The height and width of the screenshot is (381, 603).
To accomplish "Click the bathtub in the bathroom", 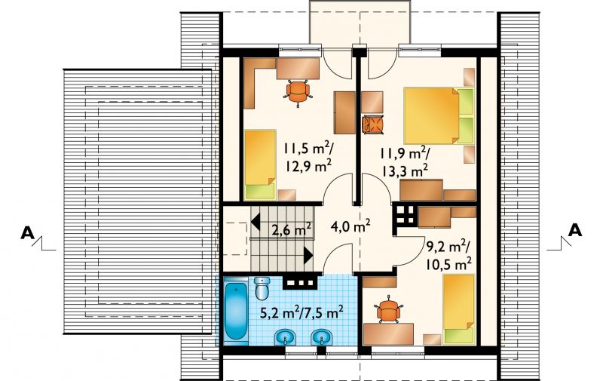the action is coord(235,312).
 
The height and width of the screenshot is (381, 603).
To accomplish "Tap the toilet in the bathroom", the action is coord(262,288).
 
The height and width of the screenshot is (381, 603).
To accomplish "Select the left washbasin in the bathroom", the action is coord(285,337).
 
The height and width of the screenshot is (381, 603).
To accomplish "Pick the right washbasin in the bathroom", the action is coord(322,337).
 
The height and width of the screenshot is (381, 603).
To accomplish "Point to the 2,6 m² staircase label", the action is coord(292,229).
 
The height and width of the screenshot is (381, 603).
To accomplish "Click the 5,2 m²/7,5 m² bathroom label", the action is coord(302,312).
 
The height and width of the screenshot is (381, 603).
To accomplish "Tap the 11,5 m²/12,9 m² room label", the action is coord(308,158).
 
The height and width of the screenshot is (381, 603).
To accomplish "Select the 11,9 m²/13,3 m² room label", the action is coord(405,162).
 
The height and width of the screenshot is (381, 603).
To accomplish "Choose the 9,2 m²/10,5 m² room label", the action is coord(448,254).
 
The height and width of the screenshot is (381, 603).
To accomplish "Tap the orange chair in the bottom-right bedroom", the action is coord(388,310).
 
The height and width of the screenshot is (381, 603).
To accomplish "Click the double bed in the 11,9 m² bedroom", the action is coord(438,115).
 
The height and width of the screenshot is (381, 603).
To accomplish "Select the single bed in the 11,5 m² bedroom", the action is coord(260,164).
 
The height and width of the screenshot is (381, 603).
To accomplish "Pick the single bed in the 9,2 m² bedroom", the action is coord(458,309).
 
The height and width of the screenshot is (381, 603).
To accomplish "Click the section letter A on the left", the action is coord(27,233).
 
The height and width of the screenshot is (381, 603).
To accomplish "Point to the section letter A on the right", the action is coord(575,230).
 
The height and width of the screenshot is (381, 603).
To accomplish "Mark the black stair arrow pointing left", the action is coord(256,222).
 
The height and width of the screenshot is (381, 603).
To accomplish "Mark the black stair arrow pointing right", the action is coord(308,256).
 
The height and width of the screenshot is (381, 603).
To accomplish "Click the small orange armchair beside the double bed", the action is coord(373,124).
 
